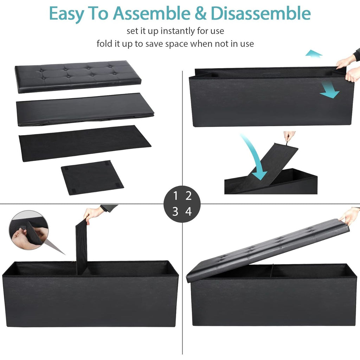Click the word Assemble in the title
(152, 13)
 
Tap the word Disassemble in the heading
(261, 13)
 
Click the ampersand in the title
(200, 14)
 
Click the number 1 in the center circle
(176, 195)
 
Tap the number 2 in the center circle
(188, 195)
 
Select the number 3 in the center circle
(175, 211)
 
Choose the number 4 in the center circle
(188, 211)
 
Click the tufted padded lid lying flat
(78, 76)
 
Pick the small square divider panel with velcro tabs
(92, 178)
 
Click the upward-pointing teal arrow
(314, 53)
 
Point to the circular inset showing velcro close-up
(29, 230)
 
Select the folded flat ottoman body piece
(85, 110)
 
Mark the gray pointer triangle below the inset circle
(55, 247)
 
